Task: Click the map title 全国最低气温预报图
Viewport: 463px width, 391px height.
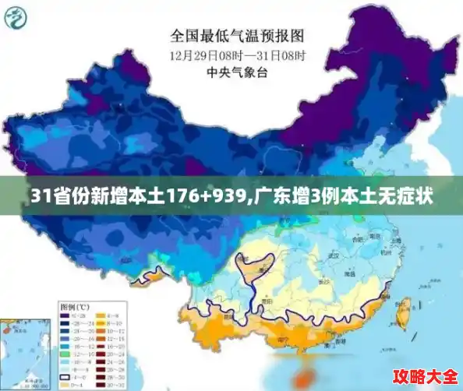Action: tap(237, 35)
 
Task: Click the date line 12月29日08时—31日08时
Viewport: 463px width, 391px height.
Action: tap(237, 55)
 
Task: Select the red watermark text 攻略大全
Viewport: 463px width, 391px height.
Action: tap(424, 375)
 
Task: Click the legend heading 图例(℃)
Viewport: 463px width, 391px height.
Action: tap(73, 306)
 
